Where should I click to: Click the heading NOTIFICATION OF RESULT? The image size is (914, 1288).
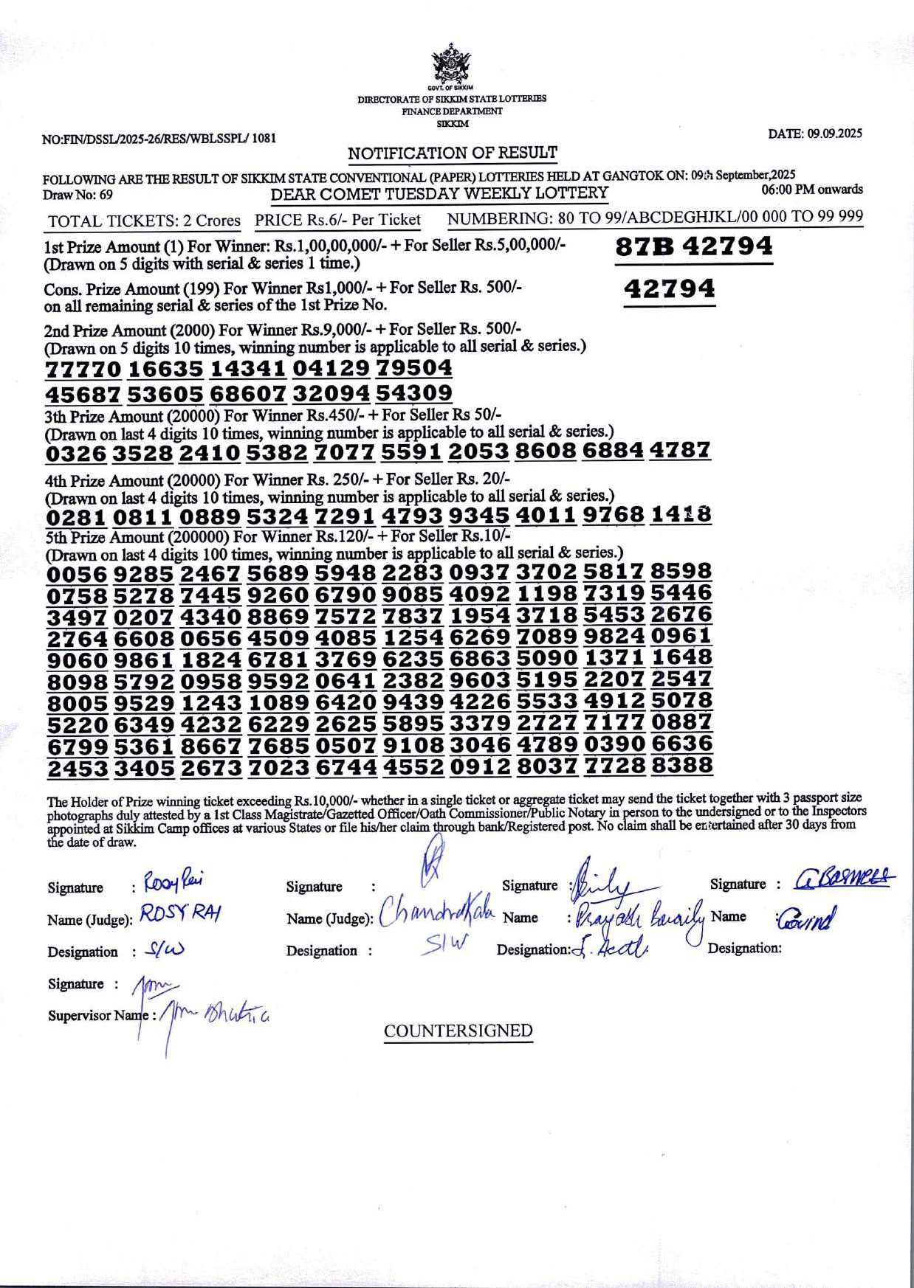tap(453, 153)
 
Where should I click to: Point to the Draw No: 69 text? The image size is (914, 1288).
tap(78, 195)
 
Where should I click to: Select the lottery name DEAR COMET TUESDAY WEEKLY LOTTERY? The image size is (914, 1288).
tap(439, 194)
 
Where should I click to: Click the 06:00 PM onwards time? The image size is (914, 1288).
tap(811, 190)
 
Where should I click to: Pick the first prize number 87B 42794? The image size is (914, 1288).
tap(694, 246)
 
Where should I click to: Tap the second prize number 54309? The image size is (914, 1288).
tap(413, 393)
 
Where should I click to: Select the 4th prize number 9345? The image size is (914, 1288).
tap(478, 515)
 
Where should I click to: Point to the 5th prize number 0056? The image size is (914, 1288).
tap(77, 574)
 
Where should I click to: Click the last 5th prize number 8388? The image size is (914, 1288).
tap(681, 766)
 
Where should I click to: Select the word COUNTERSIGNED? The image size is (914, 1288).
tap(458, 1031)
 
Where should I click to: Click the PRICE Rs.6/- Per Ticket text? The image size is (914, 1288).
tap(337, 220)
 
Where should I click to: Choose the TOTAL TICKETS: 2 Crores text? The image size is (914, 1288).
tap(144, 221)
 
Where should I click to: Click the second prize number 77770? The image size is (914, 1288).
tap(83, 369)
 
